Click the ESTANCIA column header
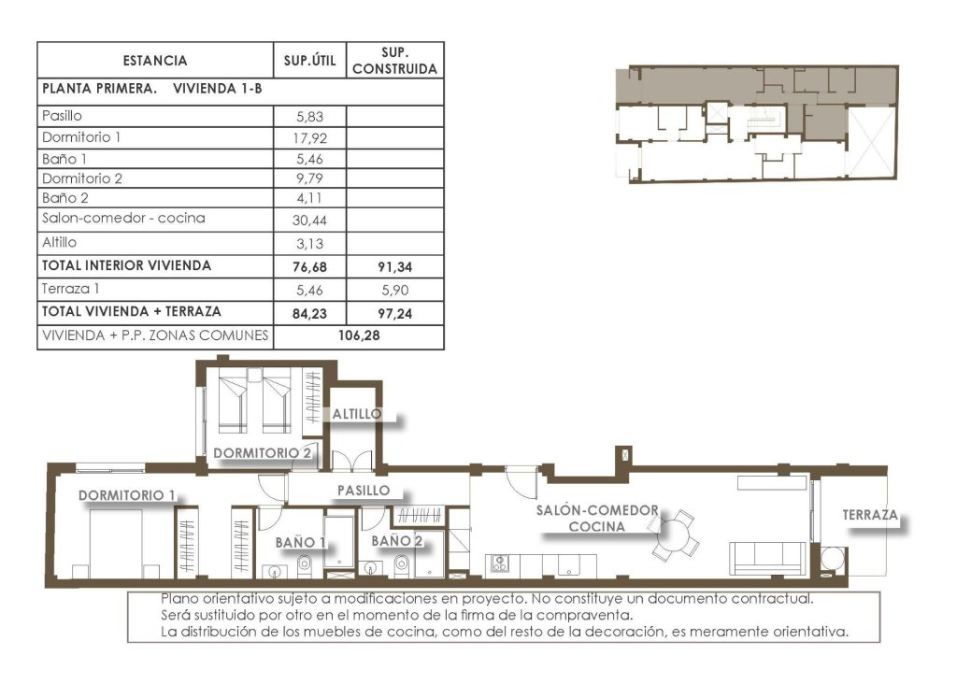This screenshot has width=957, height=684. coord(154,61)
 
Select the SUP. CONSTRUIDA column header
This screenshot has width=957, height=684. coord(395,61)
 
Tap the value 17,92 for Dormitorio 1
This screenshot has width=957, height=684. coord(308,137)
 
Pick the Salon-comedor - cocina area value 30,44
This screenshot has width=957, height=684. coord(308,220)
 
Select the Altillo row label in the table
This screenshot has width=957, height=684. coord(59,242)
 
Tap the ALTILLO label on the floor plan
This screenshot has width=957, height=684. coord(356,413)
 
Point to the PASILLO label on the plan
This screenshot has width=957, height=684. coord(363,490)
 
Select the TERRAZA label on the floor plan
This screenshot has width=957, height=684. coord(869,515)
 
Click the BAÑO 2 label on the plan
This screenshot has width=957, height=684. coord(397,540)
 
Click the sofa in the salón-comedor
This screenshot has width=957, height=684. coord(766,557)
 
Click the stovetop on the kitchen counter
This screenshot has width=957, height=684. coord(499,564)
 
